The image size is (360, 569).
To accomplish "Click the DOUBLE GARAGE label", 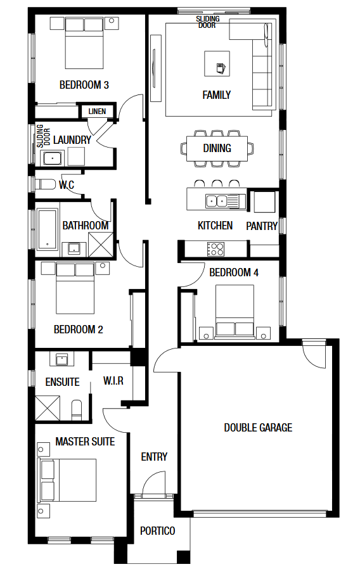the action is point(258,428).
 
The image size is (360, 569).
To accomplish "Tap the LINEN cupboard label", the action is point(97,112).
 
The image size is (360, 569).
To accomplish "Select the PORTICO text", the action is point(157,531).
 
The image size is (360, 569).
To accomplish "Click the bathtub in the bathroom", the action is point(47,229).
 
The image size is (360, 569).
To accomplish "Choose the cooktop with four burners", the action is point(215,249).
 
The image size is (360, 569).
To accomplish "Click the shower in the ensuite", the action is point(48,408).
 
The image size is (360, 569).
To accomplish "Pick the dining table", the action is point(217,148).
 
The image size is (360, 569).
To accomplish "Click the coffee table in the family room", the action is point(217,63).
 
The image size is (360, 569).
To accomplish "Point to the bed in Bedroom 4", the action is point(235,310).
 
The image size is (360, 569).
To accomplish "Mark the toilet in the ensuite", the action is point(77,409).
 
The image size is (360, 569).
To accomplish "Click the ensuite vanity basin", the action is point(62,359).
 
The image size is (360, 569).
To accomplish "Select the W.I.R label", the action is point(113,381).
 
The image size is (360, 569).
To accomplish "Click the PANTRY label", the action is point(262,226).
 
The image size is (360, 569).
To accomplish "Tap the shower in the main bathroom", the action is point(101,245).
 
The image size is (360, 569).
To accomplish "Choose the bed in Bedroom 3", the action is point(84,44).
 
